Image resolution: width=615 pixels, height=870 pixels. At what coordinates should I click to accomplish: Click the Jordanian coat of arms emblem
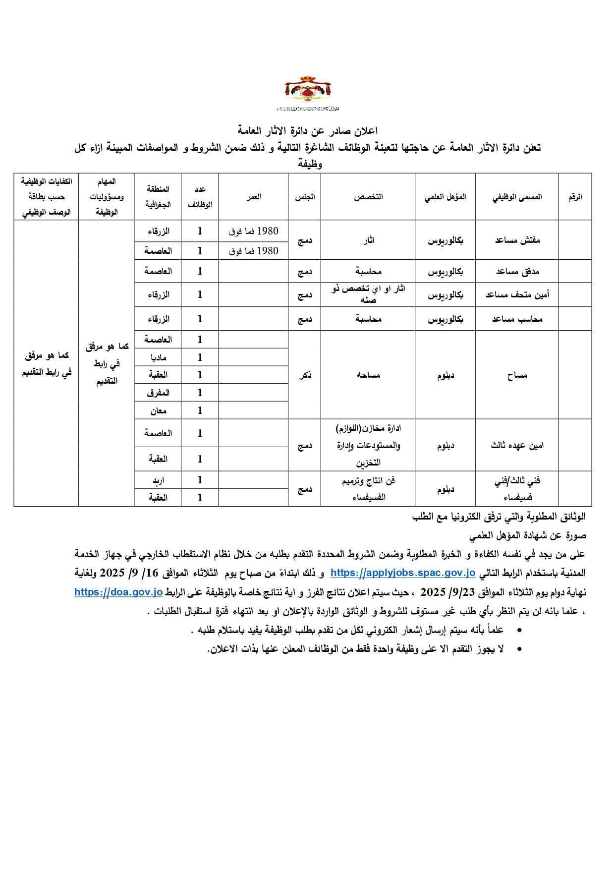(308, 91)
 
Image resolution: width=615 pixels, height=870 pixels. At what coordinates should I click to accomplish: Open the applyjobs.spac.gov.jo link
(403, 573)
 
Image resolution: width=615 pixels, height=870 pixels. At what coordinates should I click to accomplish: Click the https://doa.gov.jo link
(118, 592)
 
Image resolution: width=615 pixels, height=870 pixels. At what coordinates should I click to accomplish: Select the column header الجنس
(305, 197)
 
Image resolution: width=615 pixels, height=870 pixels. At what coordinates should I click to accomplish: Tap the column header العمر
(254, 197)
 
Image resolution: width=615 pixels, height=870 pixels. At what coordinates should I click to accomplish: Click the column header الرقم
(575, 197)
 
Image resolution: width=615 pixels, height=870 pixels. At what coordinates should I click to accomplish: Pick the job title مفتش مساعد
(517, 240)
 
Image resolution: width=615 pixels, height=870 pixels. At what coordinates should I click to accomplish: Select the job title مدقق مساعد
(517, 271)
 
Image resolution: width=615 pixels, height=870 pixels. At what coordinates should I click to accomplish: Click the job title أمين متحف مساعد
(517, 294)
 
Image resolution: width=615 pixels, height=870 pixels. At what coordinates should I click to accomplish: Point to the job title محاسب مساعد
(517, 319)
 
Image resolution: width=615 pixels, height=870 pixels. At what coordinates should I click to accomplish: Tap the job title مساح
(517, 375)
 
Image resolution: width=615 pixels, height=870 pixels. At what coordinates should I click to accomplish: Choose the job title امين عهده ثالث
(517, 445)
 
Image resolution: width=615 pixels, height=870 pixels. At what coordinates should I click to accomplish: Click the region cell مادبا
(158, 357)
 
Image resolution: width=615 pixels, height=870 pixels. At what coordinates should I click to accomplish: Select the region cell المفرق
(158, 393)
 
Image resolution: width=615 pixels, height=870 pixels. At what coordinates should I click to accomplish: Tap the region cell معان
(158, 410)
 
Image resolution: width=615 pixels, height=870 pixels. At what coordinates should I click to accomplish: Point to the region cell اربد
(158, 480)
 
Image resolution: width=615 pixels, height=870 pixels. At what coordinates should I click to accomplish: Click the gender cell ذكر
(305, 375)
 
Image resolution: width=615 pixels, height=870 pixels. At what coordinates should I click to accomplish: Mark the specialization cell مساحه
(368, 375)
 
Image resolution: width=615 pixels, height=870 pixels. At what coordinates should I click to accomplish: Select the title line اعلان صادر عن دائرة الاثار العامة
(307, 131)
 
